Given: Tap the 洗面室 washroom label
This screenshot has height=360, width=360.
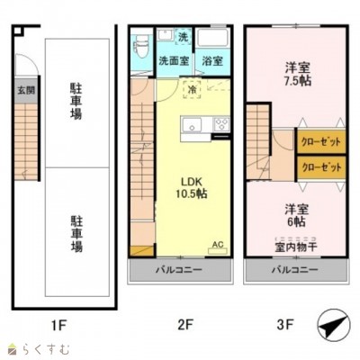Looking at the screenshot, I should (173, 62).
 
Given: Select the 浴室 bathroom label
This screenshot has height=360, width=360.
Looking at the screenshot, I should (213, 62).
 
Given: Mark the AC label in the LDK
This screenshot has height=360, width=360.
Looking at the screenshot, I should (216, 244).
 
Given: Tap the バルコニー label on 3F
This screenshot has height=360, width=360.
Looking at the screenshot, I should (294, 270).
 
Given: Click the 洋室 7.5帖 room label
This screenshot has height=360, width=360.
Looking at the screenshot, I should (293, 74).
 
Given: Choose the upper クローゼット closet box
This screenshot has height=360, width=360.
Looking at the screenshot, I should (320, 142).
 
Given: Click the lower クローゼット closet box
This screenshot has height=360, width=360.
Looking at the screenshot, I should (320, 167).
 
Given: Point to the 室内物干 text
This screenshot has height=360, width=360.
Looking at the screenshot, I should (293, 247).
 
